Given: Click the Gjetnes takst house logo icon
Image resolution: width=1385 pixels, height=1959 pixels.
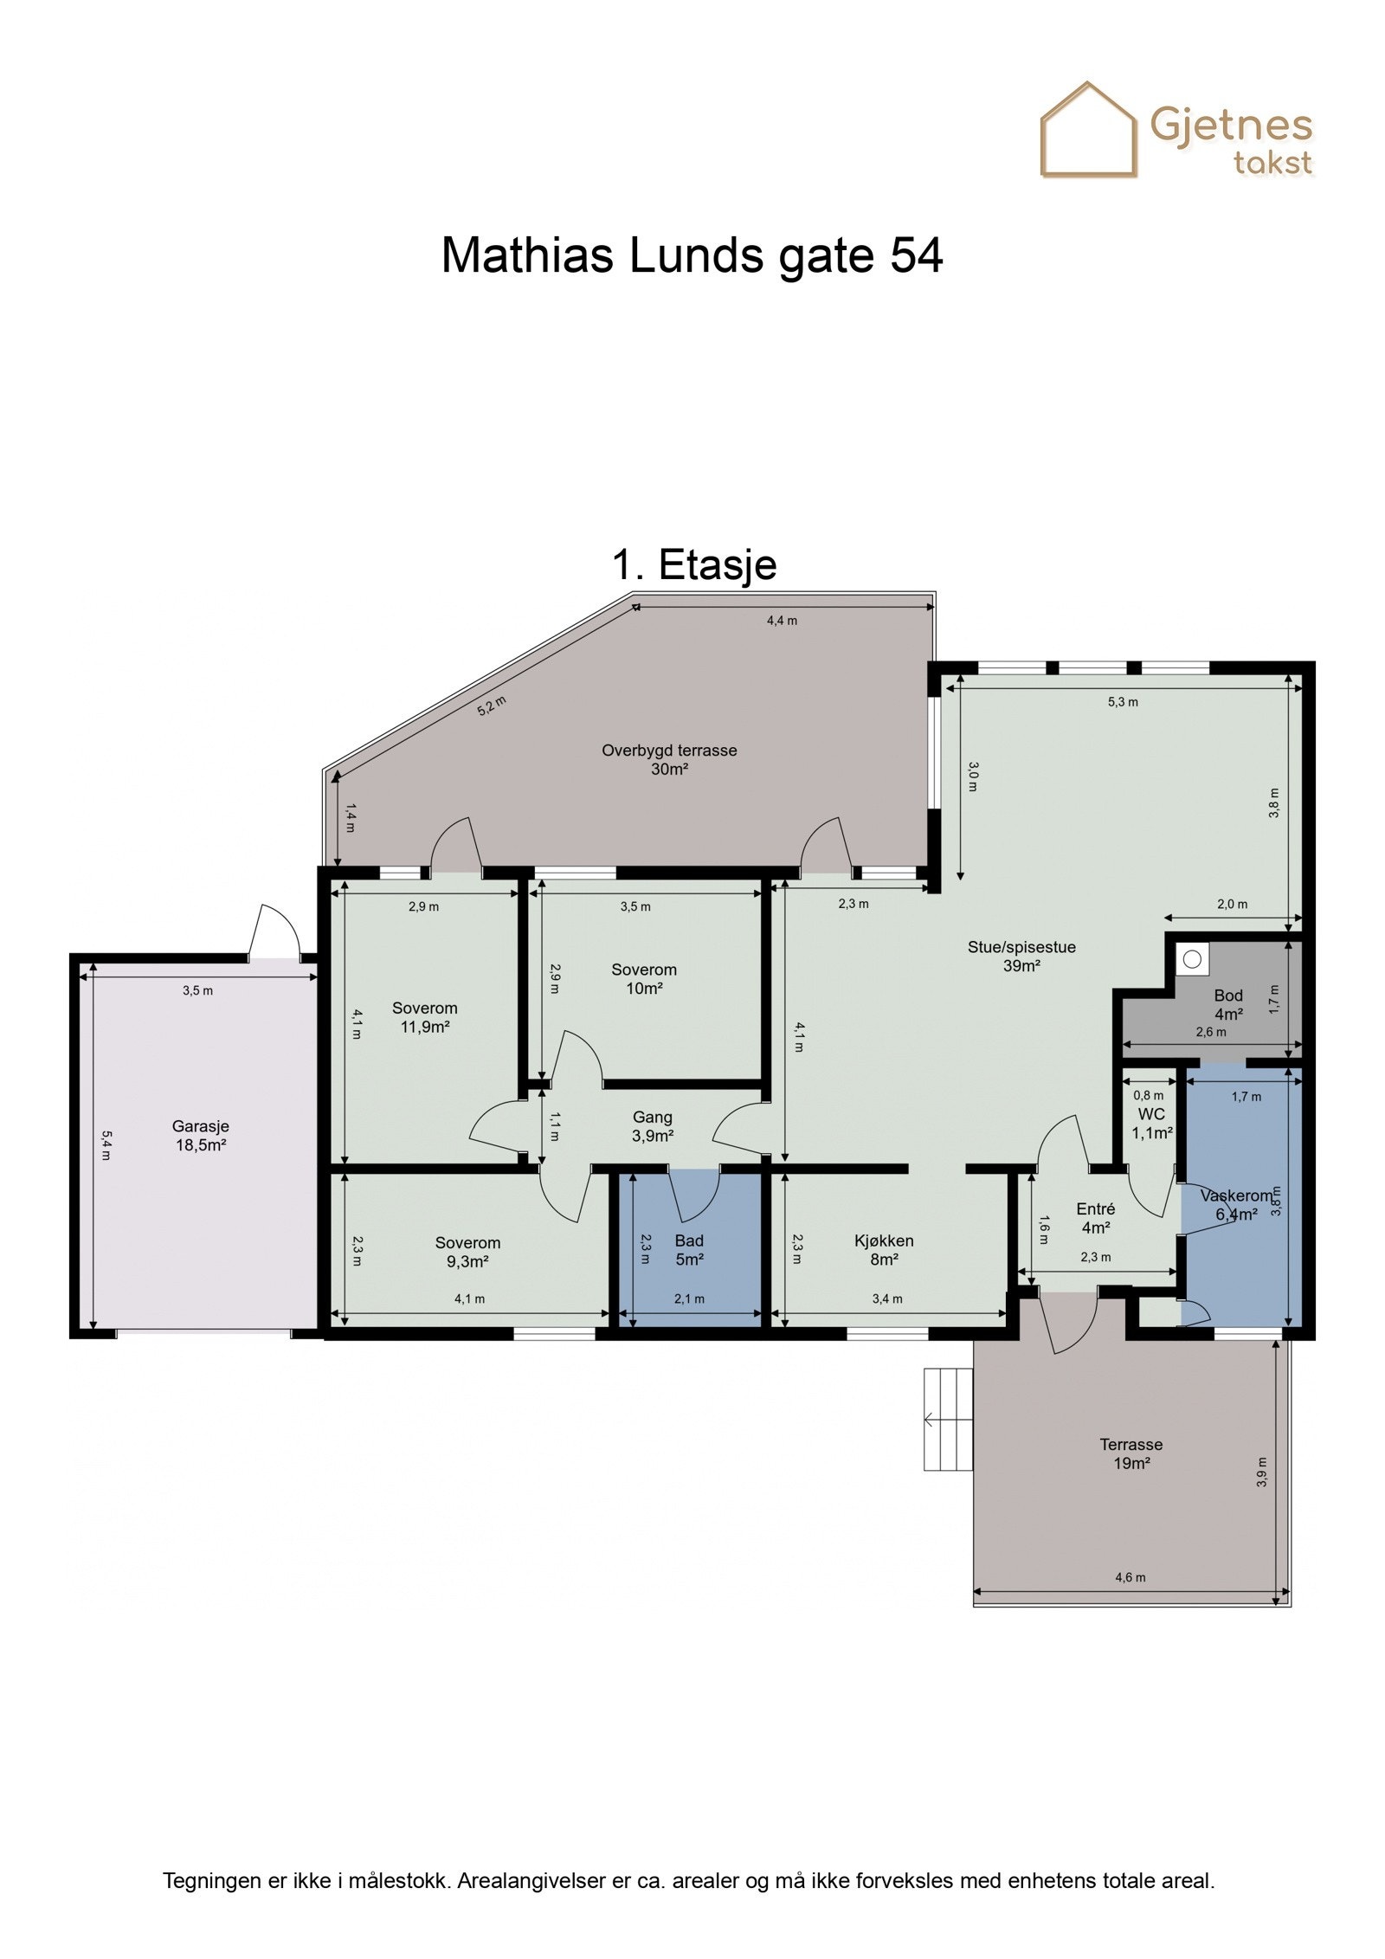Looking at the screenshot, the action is (1087, 130).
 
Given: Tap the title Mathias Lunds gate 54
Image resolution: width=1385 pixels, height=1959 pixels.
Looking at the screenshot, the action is (692, 255).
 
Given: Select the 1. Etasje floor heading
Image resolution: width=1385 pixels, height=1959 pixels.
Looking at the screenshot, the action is (694, 564).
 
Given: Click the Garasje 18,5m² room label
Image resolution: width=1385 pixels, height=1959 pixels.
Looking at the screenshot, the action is (201, 1136).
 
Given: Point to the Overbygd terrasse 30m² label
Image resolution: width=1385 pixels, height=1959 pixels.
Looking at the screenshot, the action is (669, 759).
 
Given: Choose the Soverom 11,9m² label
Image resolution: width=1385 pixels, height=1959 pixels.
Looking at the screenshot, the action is (424, 1017).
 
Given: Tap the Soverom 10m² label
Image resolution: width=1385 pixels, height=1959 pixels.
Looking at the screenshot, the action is (643, 979).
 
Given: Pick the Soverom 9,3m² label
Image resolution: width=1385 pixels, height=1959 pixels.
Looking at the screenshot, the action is (467, 1252).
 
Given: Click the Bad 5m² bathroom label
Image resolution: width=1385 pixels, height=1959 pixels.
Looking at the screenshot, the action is (689, 1250).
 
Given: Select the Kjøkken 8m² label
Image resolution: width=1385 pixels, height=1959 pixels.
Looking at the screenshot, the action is (884, 1250).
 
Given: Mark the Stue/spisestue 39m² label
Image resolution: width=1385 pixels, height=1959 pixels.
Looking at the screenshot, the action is (1021, 956).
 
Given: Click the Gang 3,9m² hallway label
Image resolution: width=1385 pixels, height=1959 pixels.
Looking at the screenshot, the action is (652, 1126).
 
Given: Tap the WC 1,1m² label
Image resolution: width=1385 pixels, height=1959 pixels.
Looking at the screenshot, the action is (1151, 1124).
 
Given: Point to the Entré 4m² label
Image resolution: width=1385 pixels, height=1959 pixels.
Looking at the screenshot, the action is (1095, 1218).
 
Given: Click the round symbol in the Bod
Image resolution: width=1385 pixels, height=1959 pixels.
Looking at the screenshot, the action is (1193, 959).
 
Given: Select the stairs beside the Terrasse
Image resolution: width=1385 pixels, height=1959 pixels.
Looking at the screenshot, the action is (948, 1419).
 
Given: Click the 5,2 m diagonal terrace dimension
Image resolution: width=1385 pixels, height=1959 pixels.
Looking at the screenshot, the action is (491, 706).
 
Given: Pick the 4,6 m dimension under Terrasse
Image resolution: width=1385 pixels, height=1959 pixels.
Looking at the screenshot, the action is (1131, 1577).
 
